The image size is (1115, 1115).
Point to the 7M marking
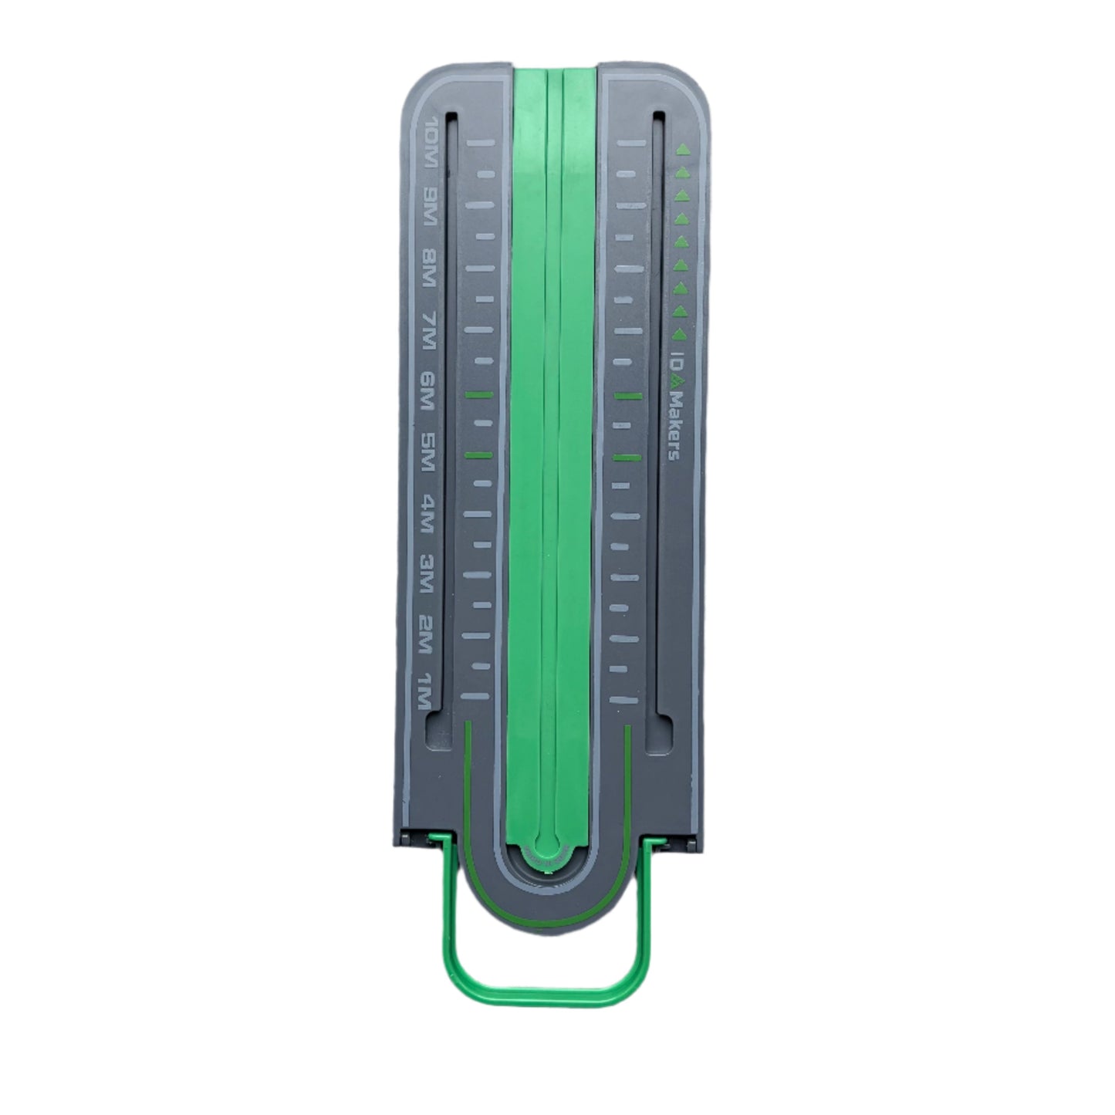point(431,328)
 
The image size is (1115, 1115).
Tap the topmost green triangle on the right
point(681,150)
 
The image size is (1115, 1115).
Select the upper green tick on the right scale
point(628,397)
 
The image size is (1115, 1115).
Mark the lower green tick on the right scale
point(627,458)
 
